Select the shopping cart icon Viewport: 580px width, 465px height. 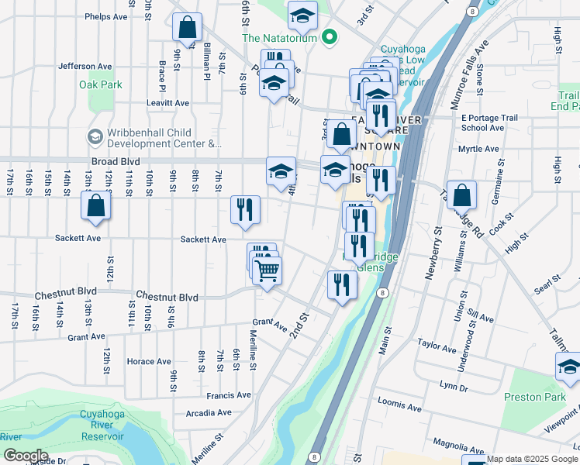[267, 270]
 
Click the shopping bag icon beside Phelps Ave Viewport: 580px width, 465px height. [187, 28]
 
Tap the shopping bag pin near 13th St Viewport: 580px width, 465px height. [95, 205]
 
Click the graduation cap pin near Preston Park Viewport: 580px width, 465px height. [569, 367]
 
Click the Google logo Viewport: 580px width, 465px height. [25, 456]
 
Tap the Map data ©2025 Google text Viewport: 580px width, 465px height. [531, 459]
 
